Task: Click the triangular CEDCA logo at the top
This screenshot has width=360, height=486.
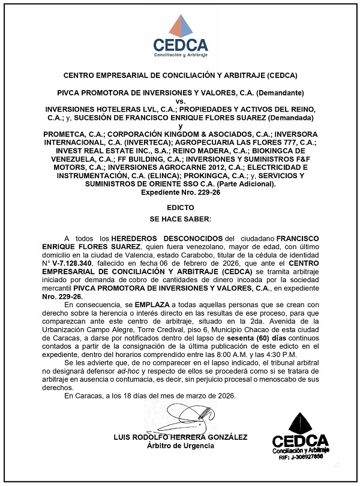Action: [180, 27]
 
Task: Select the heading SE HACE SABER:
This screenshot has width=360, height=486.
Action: [180, 219]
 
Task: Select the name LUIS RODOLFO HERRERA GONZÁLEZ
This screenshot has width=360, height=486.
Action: [180, 437]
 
